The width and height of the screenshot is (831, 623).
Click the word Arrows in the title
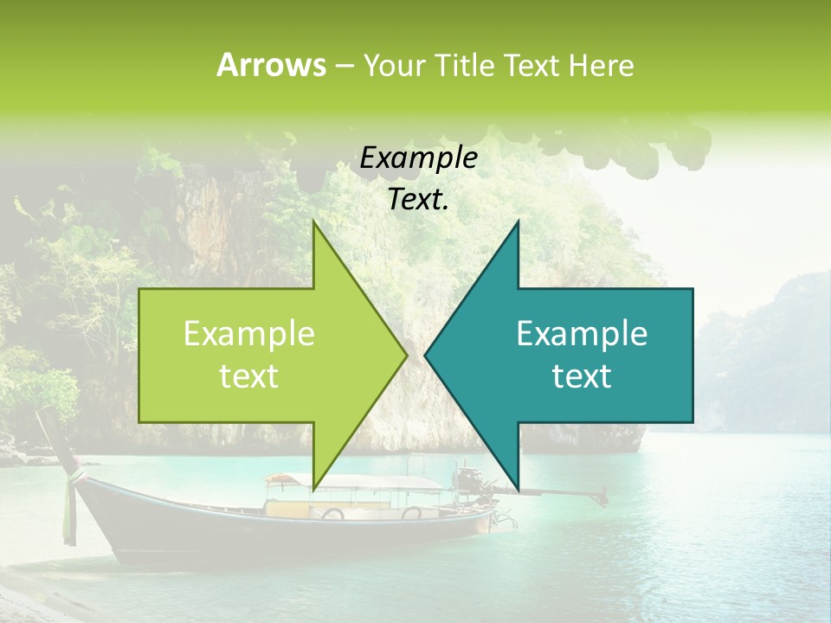point(272,65)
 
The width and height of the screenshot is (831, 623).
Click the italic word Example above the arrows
point(418,158)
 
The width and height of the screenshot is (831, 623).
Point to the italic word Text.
point(418,200)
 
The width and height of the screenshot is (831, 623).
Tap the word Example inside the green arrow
point(249,334)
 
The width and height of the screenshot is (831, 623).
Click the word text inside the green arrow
point(249,376)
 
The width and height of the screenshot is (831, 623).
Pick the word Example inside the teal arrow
point(582,334)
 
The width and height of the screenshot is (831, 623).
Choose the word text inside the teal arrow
point(582,376)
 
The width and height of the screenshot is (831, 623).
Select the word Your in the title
point(391,65)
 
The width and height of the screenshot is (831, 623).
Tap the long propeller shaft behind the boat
point(563,495)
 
